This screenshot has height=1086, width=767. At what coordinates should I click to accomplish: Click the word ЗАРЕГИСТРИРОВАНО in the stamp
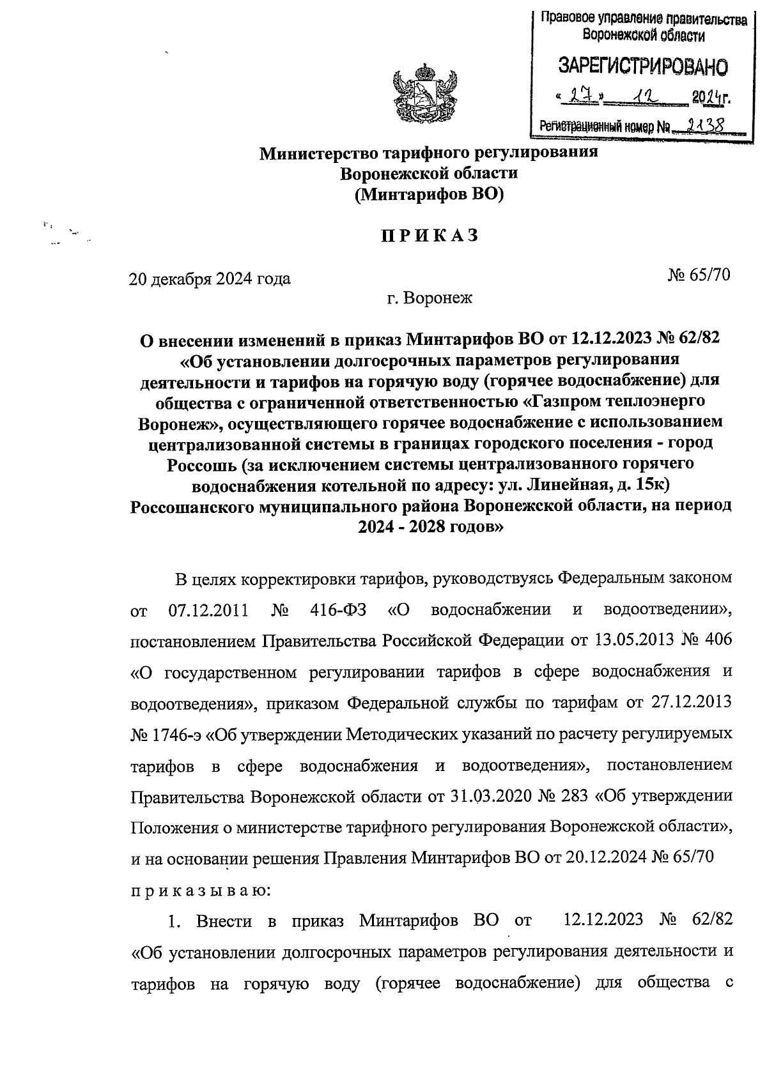click(x=643, y=66)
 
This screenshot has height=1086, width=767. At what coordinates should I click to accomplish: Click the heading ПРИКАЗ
click(x=430, y=236)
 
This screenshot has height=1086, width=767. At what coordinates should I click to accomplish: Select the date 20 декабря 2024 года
click(x=210, y=279)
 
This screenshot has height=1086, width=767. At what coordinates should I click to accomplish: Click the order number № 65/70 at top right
click(x=699, y=275)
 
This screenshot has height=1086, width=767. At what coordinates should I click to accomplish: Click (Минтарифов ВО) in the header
click(x=430, y=194)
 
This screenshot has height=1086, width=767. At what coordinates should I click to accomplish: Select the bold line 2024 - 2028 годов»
click(x=430, y=528)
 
